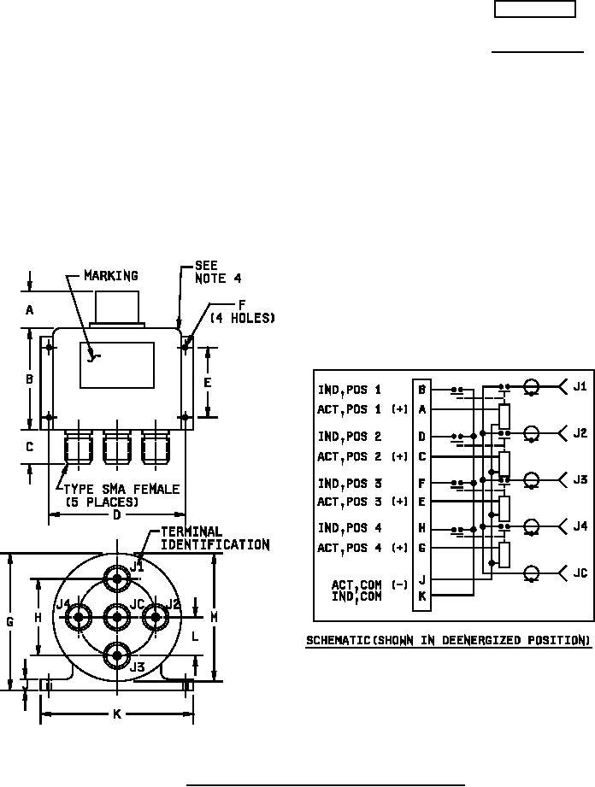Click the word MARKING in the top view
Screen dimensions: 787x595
click(110, 276)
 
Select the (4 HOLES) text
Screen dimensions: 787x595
click(243, 318)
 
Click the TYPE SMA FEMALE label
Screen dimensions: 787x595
click(119, 489)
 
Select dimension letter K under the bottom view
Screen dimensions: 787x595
click(116, 714)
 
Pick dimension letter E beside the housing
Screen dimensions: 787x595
click(207, 383)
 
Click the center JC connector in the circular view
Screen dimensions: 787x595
click(117, 615)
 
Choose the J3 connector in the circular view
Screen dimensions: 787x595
click(117, 655)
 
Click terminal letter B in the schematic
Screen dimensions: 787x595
click(422, 390)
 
